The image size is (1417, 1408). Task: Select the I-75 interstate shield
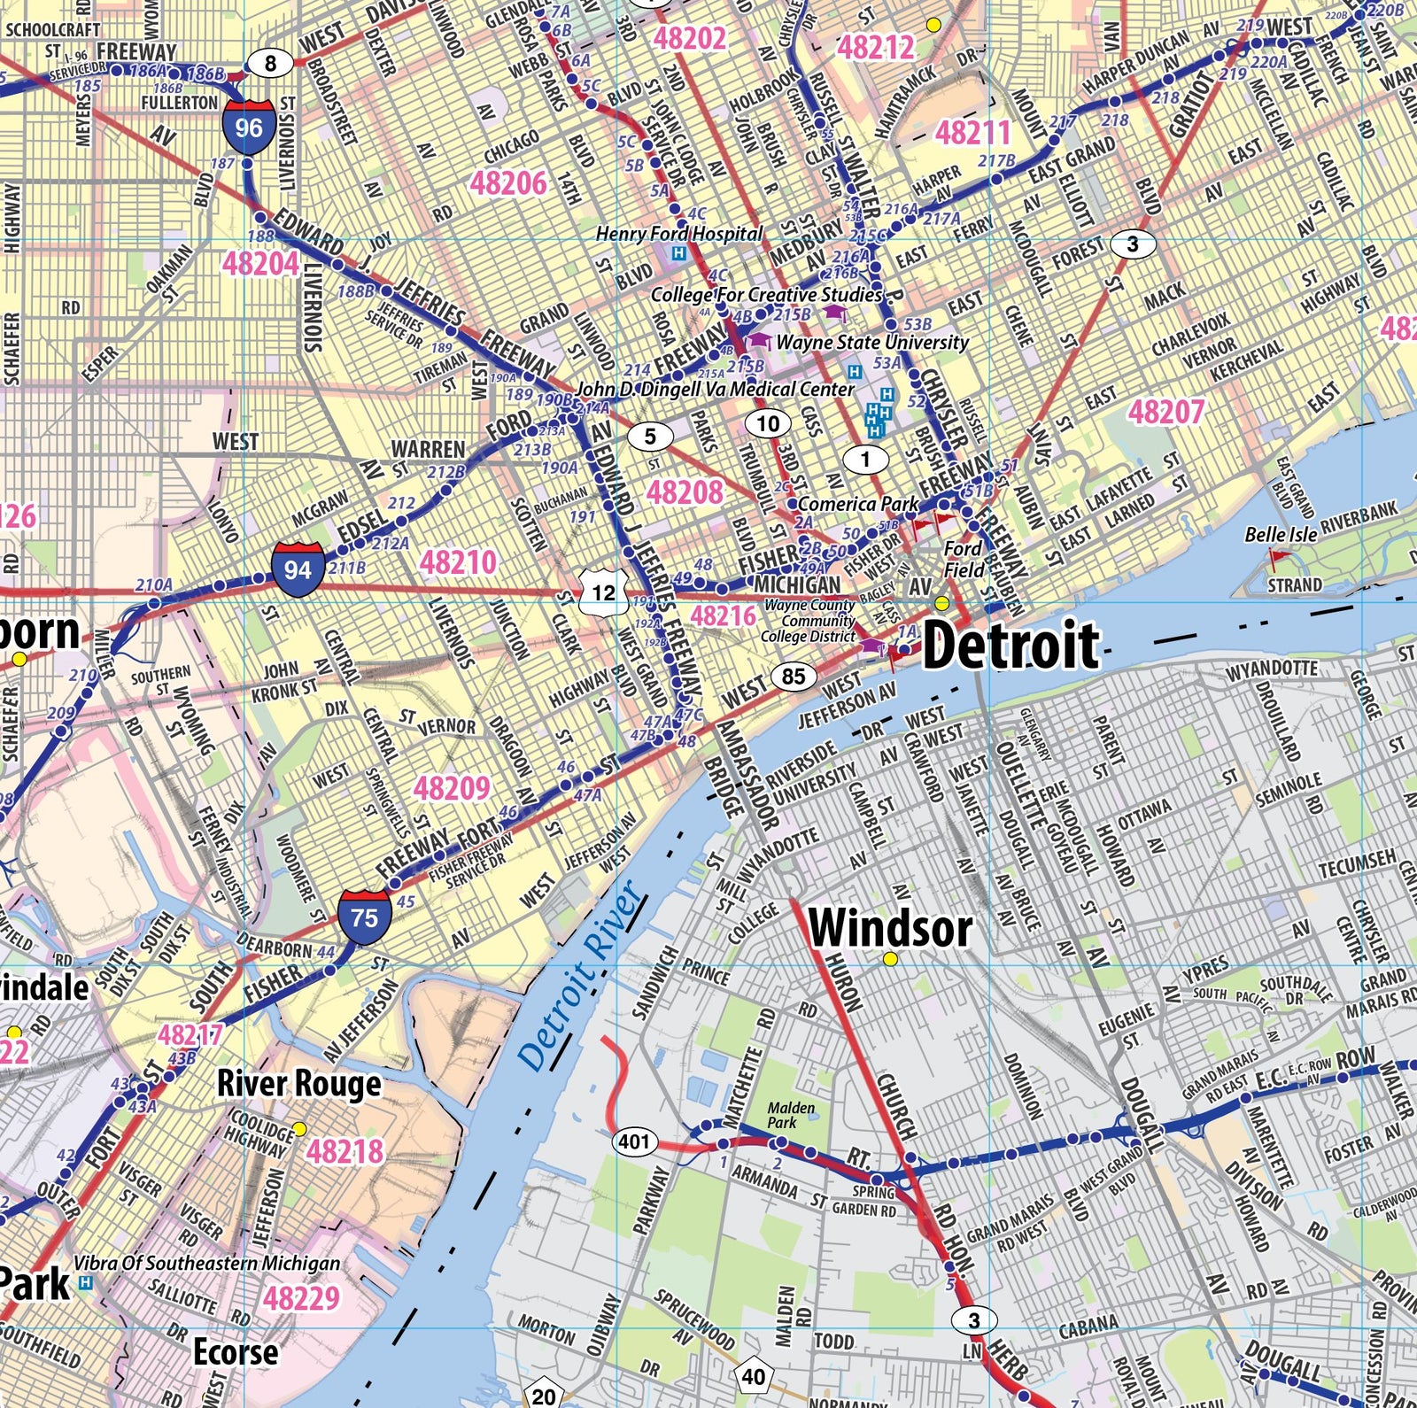364,917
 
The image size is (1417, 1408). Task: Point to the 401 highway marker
634,1141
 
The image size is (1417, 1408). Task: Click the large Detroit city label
1010,646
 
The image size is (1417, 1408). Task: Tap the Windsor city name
890,929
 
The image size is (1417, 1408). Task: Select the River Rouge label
299,1083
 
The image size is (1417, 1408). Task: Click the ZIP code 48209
452,788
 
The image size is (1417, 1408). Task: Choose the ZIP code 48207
1166,412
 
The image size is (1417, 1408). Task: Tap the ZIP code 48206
507,183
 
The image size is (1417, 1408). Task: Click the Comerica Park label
858,504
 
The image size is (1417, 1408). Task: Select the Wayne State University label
872,342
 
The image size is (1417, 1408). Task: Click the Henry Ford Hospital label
678,234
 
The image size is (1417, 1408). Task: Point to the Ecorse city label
236,1352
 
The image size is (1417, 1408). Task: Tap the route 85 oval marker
793,677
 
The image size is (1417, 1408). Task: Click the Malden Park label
791,1115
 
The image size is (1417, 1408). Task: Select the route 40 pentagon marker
753,1376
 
